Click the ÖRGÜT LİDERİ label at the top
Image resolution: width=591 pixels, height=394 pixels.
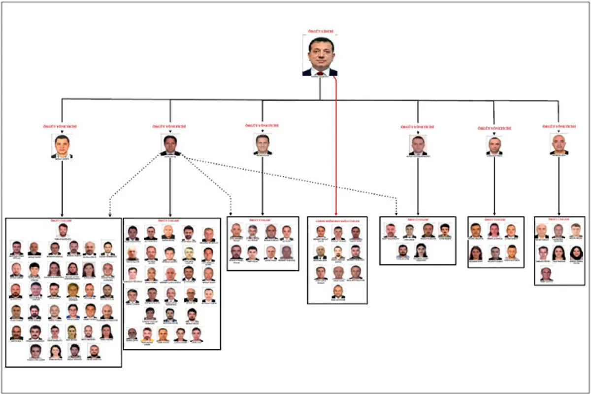[x=320, y=32]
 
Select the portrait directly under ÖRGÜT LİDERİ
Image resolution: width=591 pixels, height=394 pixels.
[x=320, y=56]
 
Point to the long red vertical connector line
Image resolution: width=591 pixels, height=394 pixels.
[x=336, y=148]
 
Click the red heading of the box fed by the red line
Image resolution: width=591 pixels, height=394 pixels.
[x=337, y=220]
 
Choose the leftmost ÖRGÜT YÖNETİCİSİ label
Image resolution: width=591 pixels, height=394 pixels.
[x=62, y=127]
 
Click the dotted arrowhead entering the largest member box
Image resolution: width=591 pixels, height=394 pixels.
[x=109, y=215]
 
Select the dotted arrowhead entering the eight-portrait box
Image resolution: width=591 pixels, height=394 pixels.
[x=230, y=214]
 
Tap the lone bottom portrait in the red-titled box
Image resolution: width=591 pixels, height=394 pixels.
[x=337, y=291]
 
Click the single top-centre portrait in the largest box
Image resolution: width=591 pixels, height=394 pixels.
[x=63, y=230]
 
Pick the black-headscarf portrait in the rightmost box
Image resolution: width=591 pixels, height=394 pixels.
[x=576, y=253]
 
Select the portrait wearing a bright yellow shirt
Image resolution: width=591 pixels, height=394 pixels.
[x=189, y=253]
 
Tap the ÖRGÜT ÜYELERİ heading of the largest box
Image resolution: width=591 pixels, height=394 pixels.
[x=63, y=221]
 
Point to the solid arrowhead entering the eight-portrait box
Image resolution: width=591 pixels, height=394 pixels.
[x=263, y=214]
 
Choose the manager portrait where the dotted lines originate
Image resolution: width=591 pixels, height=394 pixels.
[x=170, y=145]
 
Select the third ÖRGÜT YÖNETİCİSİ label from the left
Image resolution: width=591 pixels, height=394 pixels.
[x=262, y=126]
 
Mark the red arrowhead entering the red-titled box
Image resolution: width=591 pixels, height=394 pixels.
[x=336, y=213]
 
